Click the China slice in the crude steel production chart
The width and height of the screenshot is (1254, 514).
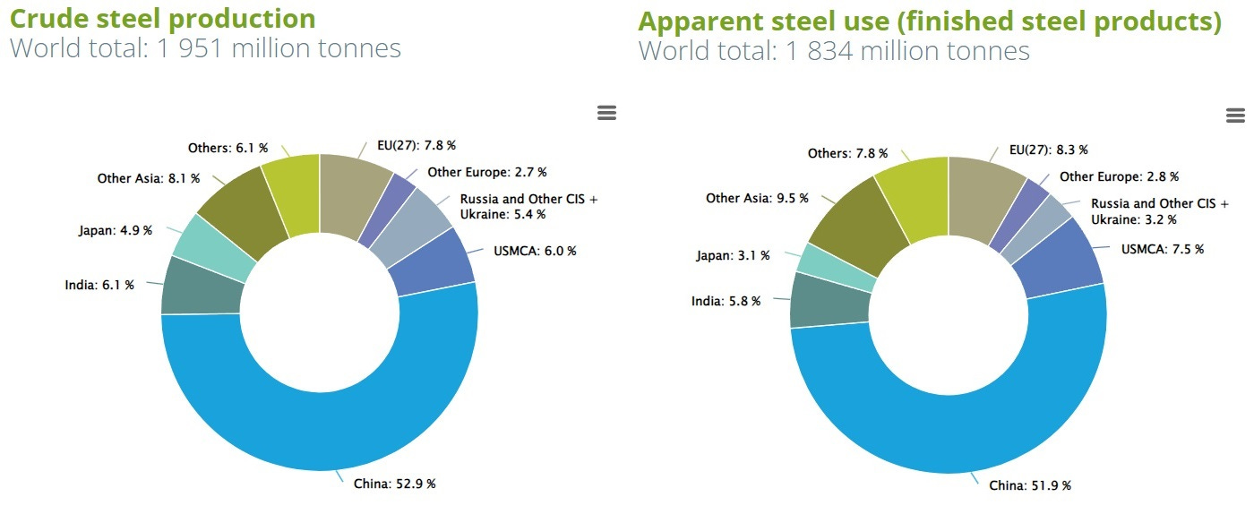[x=320, y=430]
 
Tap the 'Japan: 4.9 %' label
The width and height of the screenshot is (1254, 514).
[x=116, y=230]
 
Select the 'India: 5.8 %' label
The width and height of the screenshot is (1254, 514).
[x=726, y=301]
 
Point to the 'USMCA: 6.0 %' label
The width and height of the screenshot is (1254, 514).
[x=535, y=251]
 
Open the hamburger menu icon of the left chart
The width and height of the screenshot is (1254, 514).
[x=606, y=113]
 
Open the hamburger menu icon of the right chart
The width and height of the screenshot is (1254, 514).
[x=1235, y=116]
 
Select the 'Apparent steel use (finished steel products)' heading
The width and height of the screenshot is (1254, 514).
[x=930, y=21]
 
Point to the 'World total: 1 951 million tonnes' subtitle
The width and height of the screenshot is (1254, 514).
[x=205, y=47]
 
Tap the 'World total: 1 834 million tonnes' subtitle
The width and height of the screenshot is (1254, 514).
[x=834, y=50]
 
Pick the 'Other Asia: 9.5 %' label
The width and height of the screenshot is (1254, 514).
[x=757, y=198]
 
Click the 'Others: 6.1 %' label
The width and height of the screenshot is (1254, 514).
[x=228, y=148]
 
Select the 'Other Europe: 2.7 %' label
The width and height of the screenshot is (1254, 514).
[x=487, y=172]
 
